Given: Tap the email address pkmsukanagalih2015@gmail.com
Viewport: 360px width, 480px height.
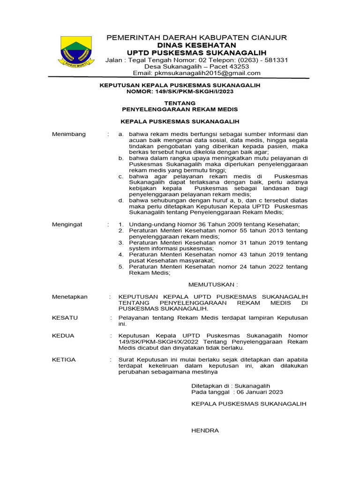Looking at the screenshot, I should [196, 73].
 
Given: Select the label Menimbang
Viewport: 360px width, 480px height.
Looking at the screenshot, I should [69, 134].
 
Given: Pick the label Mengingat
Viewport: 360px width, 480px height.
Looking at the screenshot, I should [67, 225].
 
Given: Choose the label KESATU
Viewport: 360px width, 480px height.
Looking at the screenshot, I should [65, 318].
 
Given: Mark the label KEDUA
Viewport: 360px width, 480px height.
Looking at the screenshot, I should [63, 336].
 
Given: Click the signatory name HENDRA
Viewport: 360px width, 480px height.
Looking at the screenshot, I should [205, 430].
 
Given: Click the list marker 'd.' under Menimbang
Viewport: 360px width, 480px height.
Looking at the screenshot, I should [121, 201].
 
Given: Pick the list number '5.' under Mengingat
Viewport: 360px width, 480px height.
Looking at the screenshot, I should [121, 267].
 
